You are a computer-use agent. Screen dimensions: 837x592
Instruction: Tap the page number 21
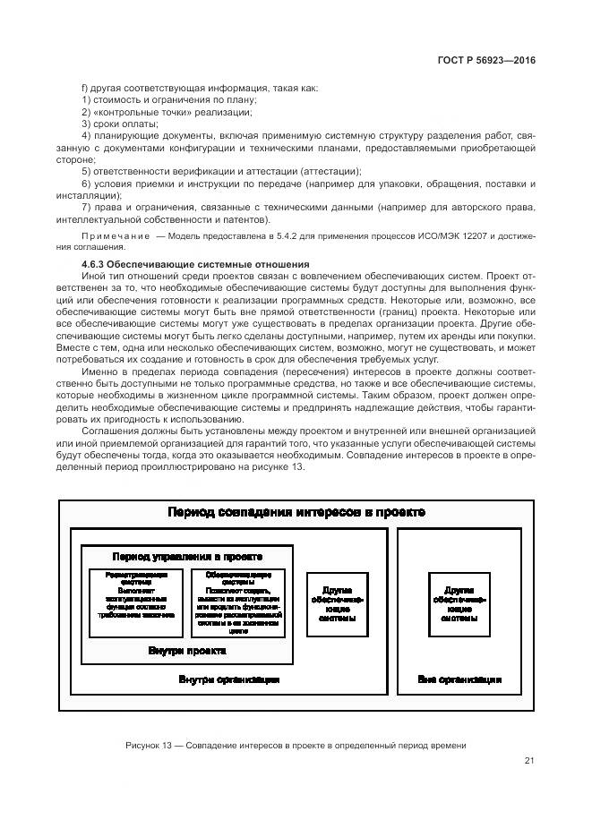(529, 761)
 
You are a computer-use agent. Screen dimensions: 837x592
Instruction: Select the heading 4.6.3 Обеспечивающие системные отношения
(195, 264)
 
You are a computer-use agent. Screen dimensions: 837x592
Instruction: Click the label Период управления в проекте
(187, 556)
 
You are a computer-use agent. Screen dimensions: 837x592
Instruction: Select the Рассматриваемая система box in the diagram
(135, 601)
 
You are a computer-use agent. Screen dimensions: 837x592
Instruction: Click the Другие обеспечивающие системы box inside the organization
(337, 604)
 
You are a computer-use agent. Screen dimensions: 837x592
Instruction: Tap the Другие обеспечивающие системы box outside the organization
(459, 604)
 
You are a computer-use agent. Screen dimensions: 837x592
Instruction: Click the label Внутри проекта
(186, 650)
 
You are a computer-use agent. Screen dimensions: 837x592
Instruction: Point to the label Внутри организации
(229, 679)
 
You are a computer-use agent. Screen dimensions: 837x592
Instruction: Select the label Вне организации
(459, 679)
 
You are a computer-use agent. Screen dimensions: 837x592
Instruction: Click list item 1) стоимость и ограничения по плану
(158, 99)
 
